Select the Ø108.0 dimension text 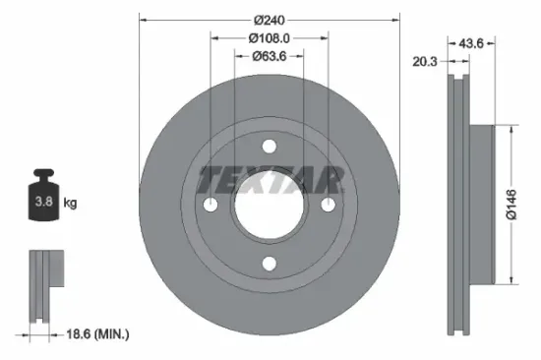tap(269, 37)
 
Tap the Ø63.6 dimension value tap(269, 55)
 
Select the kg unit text tap(71, 204)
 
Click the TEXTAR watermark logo tap(270, 180)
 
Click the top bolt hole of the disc tap(269, 146)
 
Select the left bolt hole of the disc tap(210, 204)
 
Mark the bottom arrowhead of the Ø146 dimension tap(511, 280)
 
